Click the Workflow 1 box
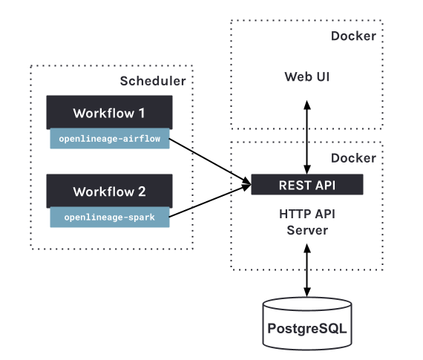point(109,112)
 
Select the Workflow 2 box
point(109,191)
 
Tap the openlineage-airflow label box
point(110,139)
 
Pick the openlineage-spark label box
point(110,217)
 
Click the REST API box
point(307,185)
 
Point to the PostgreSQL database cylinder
point(307,324)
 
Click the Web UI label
point(307,76)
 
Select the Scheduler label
point(153,81)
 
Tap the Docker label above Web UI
point(353,36)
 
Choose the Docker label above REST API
point(353,158)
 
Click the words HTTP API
point(307,214)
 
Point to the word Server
point(307,230)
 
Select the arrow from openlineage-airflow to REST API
point(210,161)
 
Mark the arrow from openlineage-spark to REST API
point(210,200)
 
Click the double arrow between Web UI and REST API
point(307,137)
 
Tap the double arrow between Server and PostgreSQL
point(307,270)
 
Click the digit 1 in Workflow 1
point(141,113)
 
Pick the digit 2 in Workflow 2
point(142,192)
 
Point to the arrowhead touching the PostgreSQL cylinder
point(307,292)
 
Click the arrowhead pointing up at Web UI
point(307,105)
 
